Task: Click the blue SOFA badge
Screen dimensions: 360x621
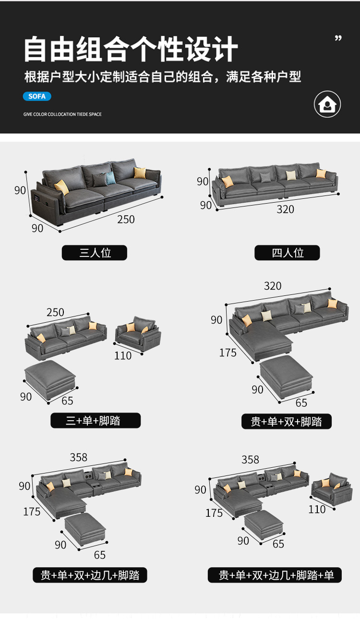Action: tap(37, 96)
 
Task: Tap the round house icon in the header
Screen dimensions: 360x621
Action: tap(327, 104)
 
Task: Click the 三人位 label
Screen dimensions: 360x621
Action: tap(95, 253)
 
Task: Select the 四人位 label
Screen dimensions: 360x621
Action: tap(287, 253)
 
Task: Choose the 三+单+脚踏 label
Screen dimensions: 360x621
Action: tap(96, 421)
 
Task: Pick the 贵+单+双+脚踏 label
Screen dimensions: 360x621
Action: tap(286, 421)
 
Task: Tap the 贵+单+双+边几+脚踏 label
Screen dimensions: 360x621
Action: tap(90, 575)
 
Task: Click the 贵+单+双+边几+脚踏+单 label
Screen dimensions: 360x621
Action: tap(275, 575)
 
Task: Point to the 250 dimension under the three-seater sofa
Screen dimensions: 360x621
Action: tap(126, 219)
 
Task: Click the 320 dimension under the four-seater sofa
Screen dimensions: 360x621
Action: tap(285, 209)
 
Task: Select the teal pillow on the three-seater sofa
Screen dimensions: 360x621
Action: tap(110, 178)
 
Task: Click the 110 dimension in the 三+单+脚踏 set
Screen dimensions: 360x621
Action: tap(123, 356)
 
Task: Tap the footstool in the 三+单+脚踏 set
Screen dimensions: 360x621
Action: tap(50, 379)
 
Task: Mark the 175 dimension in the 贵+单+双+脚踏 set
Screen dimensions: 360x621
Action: tap(228, 353)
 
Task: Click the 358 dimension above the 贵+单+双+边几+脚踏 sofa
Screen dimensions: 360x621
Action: tap(78, 457)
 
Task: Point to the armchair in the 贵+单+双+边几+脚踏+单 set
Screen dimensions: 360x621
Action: tap(332, 489)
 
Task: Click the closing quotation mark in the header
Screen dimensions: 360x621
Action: tap(338, 38)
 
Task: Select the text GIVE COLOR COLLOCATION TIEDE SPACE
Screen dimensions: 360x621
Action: tap(62, 114)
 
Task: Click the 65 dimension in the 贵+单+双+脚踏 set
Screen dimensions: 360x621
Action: tap(301, 403)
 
